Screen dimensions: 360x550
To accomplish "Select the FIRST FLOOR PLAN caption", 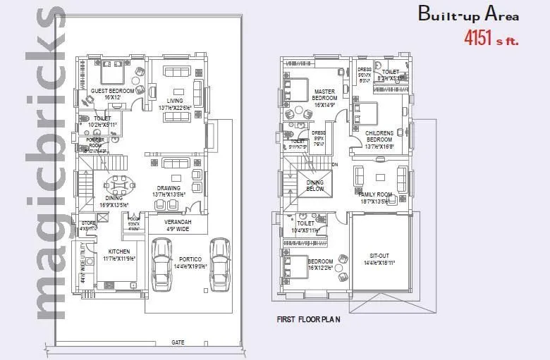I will (x=308, y=319).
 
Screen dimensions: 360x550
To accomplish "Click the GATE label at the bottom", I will (x=178, y=342).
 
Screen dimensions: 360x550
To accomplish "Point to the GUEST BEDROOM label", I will (x=112, y=92).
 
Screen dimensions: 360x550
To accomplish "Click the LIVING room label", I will (x=175, y=101).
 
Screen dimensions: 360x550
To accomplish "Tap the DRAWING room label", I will (x=168, y=189).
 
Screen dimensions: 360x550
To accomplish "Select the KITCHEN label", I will (x=119, y=252).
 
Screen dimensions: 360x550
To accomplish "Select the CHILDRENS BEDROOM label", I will (x=379, y=136).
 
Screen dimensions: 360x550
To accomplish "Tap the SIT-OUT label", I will (x=379, y=258).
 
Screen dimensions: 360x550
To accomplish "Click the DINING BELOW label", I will (x=315, y=185).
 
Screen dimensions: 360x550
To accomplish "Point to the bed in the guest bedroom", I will (x=112, y=73).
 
